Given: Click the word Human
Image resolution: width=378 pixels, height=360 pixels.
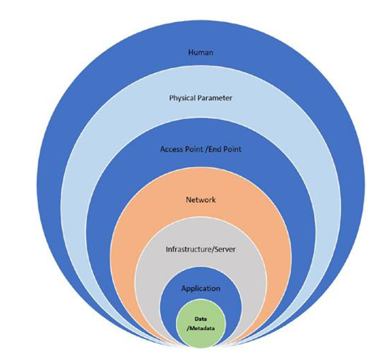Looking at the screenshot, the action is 200,52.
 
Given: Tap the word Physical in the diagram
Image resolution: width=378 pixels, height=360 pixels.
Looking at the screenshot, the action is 182,98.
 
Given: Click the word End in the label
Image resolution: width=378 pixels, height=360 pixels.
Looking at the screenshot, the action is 215,149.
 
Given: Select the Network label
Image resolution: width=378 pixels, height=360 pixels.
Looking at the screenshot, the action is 200,199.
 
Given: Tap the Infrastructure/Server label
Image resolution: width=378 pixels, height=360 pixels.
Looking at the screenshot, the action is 200,249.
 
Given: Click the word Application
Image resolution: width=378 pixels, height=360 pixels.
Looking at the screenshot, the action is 200,289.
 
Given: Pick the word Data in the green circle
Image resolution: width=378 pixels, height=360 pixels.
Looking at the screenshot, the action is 200,319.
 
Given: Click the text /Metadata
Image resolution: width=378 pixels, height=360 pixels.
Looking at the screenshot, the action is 200,328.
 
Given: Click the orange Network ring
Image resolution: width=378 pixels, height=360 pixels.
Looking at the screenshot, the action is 200,184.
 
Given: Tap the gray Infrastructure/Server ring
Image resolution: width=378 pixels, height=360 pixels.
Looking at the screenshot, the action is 200,233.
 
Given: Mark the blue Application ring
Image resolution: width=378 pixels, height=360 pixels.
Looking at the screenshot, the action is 200,277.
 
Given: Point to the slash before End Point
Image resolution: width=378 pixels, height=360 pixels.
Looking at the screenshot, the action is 206,149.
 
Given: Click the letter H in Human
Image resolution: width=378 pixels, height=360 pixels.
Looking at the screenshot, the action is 191,52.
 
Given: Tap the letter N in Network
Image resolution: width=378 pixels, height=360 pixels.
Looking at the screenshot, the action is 188,199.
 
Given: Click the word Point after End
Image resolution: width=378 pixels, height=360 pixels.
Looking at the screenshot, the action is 232,149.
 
